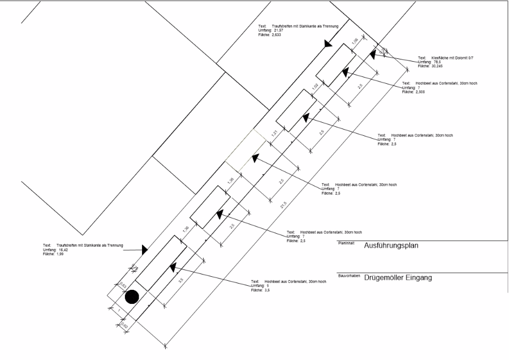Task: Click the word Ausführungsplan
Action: tap(391, 246)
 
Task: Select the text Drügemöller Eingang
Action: tap(398, 278)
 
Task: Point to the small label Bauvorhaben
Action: tap(349, 276)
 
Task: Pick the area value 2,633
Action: tap(275, 35)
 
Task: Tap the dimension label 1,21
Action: tap(274, 134)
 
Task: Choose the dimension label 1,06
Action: tap(355, 41)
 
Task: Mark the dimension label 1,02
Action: tap(314, 87)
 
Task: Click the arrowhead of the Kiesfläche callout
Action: tap(373, 54)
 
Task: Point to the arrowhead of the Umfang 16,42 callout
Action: tap(145, 248)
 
